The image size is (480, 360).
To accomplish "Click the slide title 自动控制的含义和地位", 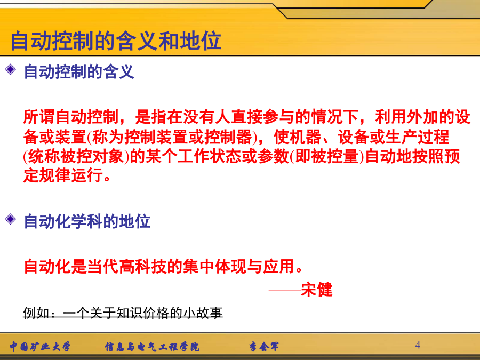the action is [116, 41].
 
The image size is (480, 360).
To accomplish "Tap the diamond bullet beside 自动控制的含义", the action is [11, 69].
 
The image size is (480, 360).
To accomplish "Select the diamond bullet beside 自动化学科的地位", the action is [11, 219].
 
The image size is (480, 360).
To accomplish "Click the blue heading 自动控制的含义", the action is [79, 71].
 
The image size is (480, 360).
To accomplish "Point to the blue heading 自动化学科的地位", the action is [87, 221].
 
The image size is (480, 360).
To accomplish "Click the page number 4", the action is [418, 345].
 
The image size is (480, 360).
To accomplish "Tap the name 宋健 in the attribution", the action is [316, 289].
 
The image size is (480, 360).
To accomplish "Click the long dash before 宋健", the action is [284, 290].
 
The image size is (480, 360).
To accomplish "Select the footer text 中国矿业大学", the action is [40, 347].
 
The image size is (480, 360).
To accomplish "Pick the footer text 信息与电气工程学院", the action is [152, 347].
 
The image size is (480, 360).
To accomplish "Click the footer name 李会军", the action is [264, 347].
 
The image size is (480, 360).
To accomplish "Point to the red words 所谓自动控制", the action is [71, 117].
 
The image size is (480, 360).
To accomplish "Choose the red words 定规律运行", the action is [63, 176].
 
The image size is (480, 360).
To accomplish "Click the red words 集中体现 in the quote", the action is [214, 266].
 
